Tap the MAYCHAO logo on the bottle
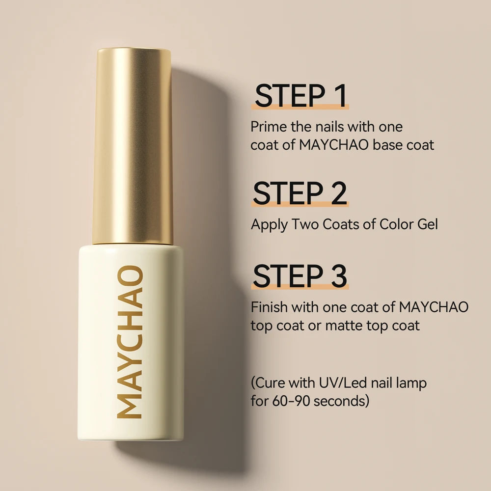click(130, 342)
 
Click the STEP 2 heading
click(300, 193)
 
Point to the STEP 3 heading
click(300, 276)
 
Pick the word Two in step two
click(305, 224)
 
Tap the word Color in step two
click(395, 224)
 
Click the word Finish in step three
click(270, 307)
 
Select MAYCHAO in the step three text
click(434, 307)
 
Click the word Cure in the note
click(271, 383)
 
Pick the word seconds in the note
click(339, 401)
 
